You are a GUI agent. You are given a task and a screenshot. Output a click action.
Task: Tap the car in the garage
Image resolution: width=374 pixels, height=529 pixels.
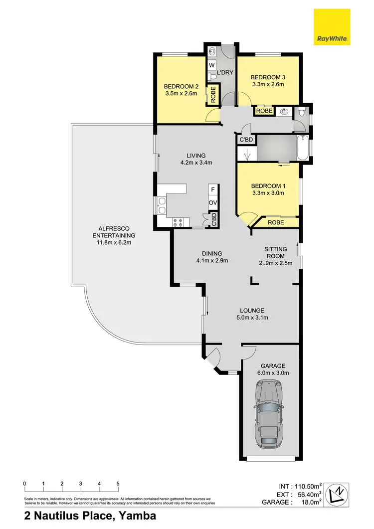click(x=270, y=414)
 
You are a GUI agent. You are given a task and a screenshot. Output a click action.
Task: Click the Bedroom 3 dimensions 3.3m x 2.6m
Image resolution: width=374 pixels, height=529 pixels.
click(x=267, y=84)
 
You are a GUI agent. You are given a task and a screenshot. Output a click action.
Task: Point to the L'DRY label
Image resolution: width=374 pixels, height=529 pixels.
click(x=225, y=72)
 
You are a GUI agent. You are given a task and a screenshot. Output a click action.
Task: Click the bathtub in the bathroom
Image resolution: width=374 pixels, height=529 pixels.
click(x=302, y=148)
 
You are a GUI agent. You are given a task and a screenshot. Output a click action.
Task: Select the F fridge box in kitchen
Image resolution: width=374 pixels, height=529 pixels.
click(x=212, y=189)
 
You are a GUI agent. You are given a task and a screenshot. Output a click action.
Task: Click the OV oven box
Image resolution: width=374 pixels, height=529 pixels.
click(x=212, y=202)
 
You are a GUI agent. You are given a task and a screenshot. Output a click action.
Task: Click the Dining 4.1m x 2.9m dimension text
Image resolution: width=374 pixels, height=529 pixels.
click(x=212, y=260)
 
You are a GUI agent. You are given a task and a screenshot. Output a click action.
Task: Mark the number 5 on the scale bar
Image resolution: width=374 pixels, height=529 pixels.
click(x=118, y=484)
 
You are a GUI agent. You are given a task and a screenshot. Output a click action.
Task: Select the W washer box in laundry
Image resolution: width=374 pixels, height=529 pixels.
click(x=211, y=65)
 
